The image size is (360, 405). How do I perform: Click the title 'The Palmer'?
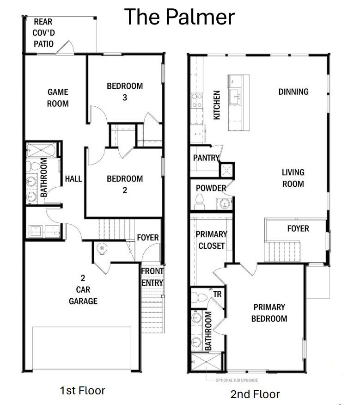click(179, 17)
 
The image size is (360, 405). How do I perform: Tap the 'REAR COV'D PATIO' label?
click(43, 33)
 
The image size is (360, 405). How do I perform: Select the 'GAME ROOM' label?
click(58, 98)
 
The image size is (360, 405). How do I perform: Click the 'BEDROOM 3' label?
click(125, 92)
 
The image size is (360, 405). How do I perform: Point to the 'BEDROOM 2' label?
click(125, 184)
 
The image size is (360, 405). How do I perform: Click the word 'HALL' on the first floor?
click(73, 178)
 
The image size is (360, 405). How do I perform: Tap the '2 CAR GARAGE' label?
click(83, 289)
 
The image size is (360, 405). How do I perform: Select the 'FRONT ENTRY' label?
click(152, 276)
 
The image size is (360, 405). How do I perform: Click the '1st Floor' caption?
click(82, 391)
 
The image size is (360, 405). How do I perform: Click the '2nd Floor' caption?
click(255, 394)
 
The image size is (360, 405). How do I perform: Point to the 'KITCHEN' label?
click(217, 105)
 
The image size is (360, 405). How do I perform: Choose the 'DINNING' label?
click(293, 92)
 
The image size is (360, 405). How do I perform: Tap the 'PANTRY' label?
click(206, 158)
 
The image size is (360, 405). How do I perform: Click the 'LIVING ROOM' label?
click(293, 178)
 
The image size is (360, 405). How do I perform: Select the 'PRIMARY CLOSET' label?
click(211, 239)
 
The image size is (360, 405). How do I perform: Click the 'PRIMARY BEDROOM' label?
click(269, 313)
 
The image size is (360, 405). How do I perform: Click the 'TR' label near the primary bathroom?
click(217, 294)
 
